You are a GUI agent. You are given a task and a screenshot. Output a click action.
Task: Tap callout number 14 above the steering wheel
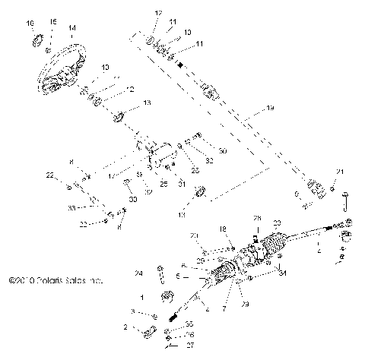pos(71,29)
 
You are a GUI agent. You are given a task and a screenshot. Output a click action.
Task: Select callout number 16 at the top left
pos(30,24)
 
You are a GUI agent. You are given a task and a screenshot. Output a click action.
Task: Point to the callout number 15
pos(52,24)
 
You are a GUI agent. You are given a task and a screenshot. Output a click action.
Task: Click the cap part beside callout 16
pos(35,39)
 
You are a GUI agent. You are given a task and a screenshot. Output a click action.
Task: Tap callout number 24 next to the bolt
pos(138,273)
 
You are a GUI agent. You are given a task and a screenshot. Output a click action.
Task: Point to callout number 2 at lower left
pos(125,327)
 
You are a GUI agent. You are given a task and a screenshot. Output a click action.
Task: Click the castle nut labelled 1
pos(160,296)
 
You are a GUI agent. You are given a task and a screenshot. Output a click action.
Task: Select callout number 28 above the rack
pos(256,219)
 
